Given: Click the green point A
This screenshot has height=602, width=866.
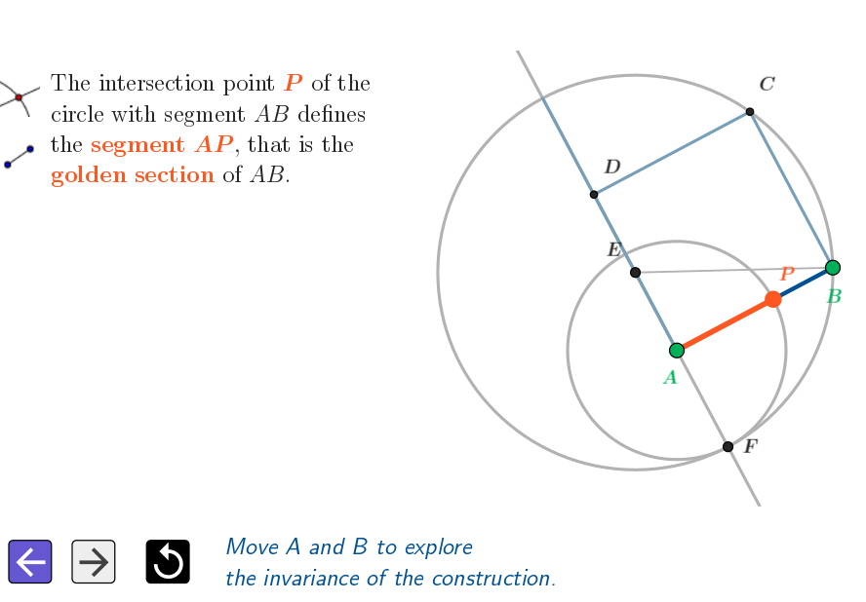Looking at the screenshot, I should point(677,350).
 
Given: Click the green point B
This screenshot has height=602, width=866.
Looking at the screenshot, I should point(832,268).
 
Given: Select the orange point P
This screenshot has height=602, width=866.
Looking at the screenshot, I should point(773,299).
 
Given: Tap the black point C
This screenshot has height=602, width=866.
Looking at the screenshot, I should point(750,112).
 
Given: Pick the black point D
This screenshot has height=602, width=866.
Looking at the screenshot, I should point(594,195).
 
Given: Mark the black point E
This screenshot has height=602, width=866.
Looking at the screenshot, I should point(636,273).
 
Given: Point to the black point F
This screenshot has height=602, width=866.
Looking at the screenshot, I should point(728,447).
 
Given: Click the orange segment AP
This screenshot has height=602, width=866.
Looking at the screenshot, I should point(725,324).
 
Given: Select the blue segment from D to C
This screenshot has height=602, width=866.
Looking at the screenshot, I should point(672,153).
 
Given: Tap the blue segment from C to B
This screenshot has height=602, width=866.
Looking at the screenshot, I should point(791,190).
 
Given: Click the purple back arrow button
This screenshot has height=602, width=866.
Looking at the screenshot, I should point(29,562).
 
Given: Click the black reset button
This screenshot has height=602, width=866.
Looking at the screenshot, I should point(168,562).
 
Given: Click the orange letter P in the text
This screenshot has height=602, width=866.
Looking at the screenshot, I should point(293,84).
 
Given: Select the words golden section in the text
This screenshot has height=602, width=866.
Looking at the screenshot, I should point(133,175).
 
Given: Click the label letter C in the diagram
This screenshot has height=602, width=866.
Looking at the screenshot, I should point(768,85).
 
